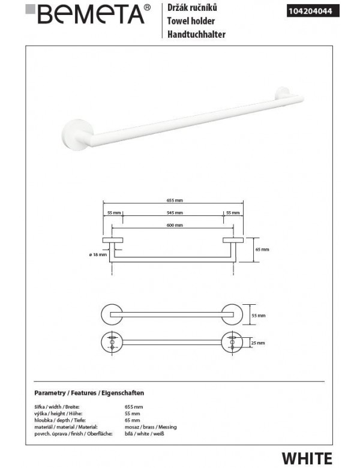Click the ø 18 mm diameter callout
(98, 256)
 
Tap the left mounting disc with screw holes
(111, 342)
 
